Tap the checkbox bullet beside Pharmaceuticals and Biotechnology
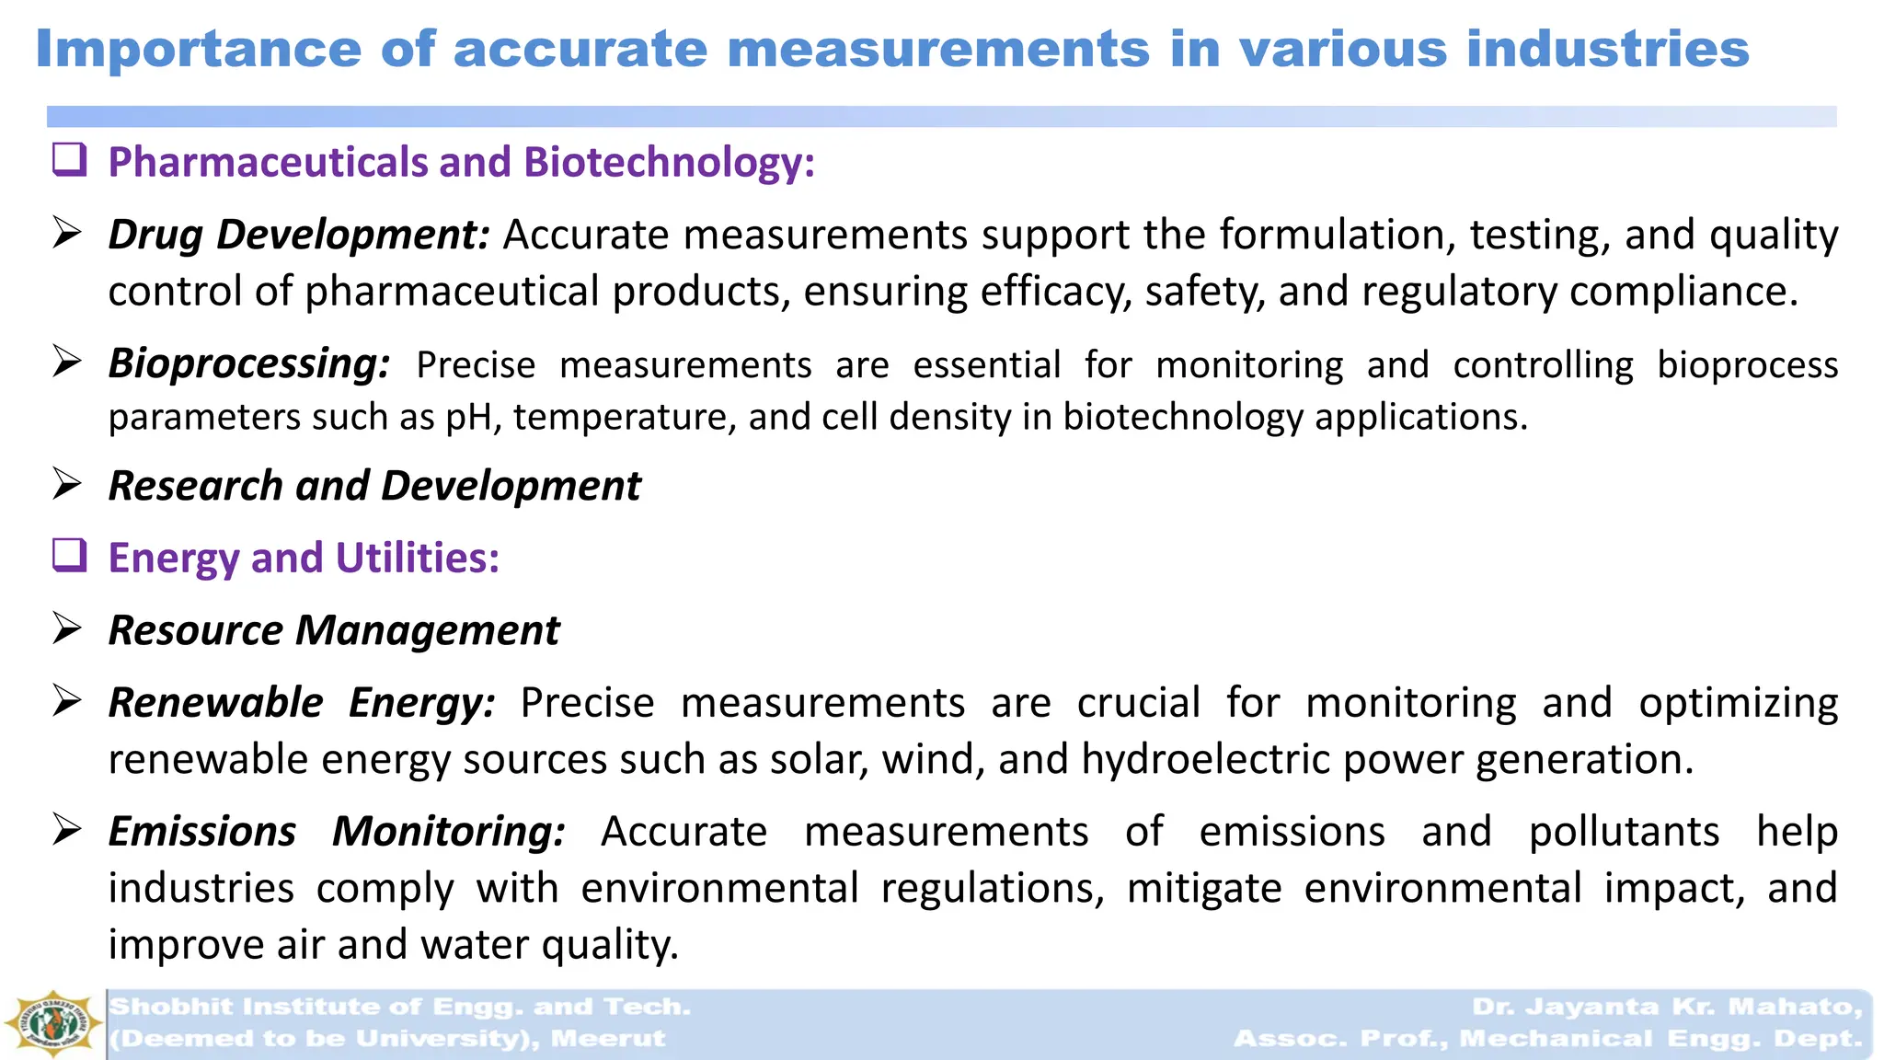[x=70, y=159]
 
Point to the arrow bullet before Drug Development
[x=67, y=233]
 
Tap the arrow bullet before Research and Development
[x=67, y=484]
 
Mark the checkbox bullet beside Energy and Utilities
[x=70, y=555]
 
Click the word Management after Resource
[x=428, y=630]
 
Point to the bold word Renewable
[x=216, y=703]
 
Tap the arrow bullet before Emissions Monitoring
[x=67, y=831]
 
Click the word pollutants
[x=1624, y=832]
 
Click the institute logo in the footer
[x=52, y=1023]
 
